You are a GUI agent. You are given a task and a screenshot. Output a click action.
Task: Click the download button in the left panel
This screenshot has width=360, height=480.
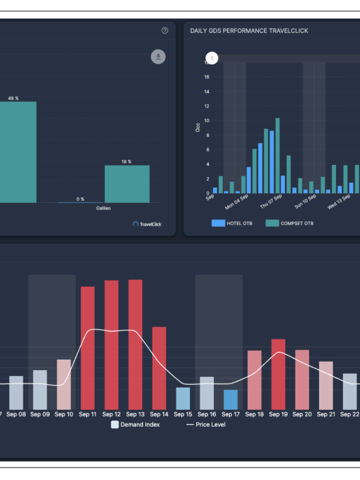(158, 57)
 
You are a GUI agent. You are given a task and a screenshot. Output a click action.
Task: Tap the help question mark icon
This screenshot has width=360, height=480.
(165, 30)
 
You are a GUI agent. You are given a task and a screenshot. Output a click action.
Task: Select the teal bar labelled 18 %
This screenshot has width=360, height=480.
(127, 184)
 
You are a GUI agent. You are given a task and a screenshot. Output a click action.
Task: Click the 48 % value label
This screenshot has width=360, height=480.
(13, 98)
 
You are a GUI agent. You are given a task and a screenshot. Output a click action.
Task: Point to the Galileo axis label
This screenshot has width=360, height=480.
(104, 208)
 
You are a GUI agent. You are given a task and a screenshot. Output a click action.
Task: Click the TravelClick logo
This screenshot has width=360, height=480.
(147, 224)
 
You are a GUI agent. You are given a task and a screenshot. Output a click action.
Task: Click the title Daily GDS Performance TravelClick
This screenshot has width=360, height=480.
(249, 31)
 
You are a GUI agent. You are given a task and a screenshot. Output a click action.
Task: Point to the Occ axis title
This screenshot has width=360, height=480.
(197, 127)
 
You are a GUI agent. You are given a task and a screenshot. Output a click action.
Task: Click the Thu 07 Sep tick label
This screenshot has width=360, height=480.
(271, 201)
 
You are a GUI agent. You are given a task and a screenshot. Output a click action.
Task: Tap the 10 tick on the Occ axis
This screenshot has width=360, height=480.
(206, 120)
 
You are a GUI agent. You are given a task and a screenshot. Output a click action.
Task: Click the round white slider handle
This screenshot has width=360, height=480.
(212, 58)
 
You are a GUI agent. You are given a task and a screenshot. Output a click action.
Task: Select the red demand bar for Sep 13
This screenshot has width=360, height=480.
(135, 345)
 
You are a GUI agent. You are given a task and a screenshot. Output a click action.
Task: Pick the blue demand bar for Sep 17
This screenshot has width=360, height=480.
(231, 399)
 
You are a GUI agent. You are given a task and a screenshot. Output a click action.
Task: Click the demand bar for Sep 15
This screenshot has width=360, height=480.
(183, 398)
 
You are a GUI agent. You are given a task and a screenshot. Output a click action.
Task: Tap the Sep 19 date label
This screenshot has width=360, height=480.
(278, 414)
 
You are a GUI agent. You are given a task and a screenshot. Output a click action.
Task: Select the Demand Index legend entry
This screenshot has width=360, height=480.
(135, 425)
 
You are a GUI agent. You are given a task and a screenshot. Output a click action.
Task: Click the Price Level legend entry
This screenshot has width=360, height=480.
(206, 425)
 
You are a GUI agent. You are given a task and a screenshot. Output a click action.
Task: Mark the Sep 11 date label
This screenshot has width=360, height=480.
(88, 414)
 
